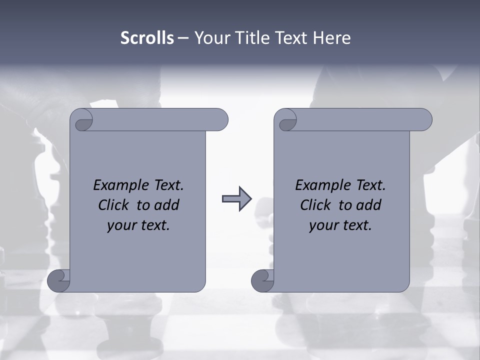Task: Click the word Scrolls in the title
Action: coord(147,38)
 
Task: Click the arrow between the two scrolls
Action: coord(236,199)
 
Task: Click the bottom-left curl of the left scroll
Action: coord(58,280)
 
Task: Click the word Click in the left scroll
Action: coord(113,205)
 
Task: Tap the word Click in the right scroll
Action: coord(315,205)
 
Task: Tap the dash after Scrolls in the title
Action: coord(183,38)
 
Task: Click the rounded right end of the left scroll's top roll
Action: coord(220,119)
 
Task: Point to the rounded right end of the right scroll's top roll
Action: coord(424,119)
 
